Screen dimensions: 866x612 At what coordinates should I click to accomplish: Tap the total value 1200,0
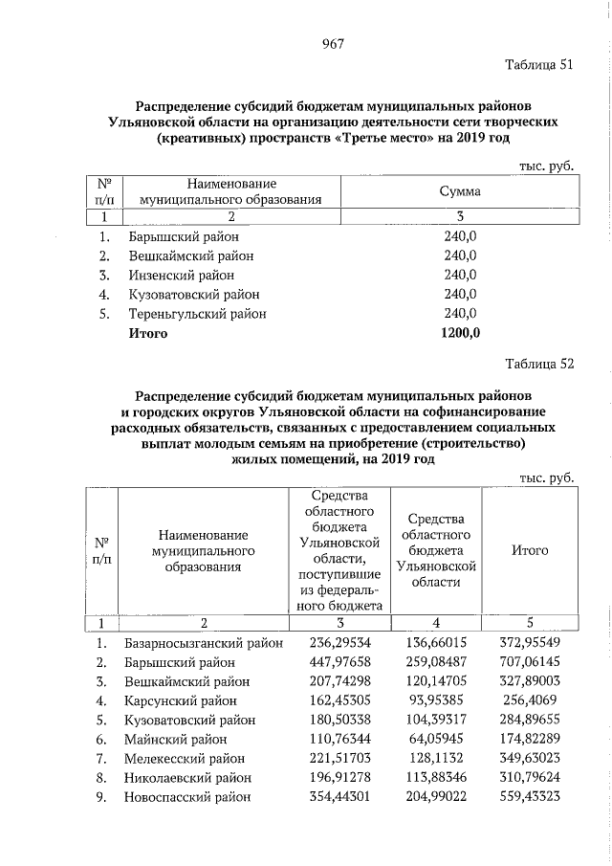click(x=460, y=334)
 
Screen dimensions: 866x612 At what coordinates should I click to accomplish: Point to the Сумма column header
click(x=459, y=191)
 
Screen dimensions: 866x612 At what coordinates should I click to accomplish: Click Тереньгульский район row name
click(x=197, y=314)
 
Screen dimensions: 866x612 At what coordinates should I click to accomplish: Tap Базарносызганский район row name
click(x=204, y=644)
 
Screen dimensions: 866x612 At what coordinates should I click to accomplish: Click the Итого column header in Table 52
click(x=529, y=551)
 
